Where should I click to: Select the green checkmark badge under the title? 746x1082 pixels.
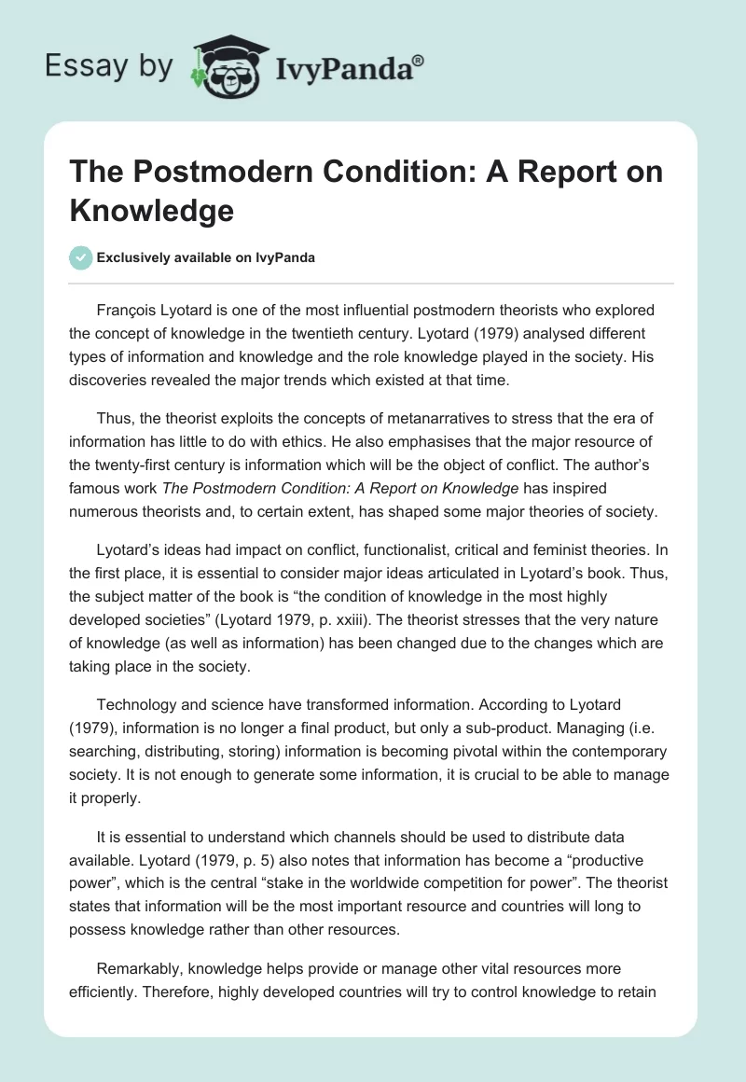[81, 258]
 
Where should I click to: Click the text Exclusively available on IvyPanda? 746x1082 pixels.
[206, 258]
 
